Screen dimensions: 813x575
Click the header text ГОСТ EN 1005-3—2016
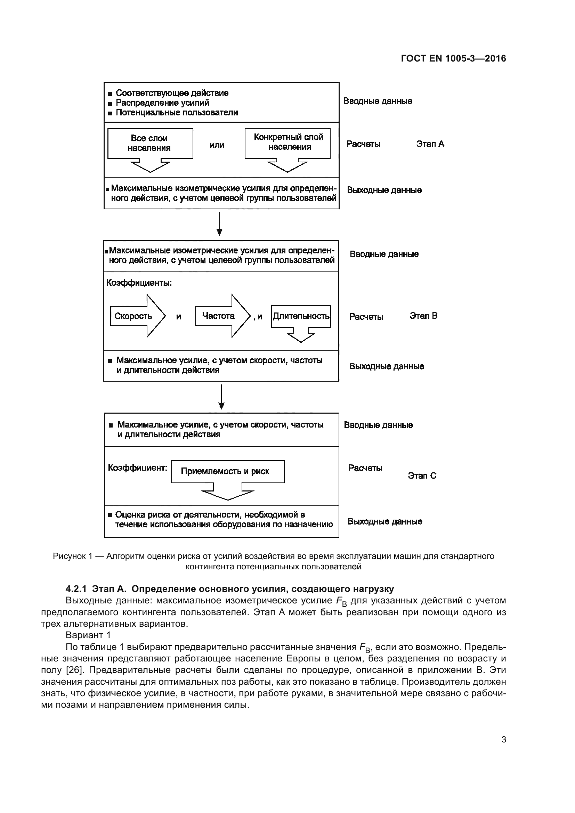tap(453, 58)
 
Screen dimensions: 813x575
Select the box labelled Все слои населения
tap(150, 144)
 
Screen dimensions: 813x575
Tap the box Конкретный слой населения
tap(287, 143)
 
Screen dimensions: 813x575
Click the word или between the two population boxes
tap(217, 145)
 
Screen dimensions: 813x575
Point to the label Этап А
tap(430, 144)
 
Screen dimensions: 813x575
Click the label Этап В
tap(423, 316)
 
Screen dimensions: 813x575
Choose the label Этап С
tap(422, 475)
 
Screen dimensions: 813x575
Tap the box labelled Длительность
tap(301, 316)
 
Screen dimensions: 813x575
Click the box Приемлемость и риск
tap(227, 471)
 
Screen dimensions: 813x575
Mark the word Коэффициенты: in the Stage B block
tap(139, 283)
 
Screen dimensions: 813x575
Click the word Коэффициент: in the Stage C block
tap(137, 468)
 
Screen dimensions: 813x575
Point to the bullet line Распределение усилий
tap(162, 103)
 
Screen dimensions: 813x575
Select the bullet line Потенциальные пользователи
tap(177, 113)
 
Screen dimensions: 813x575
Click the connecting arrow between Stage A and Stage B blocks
tap(219, 224)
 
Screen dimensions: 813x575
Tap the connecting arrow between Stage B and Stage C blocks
tap(221, 397)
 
